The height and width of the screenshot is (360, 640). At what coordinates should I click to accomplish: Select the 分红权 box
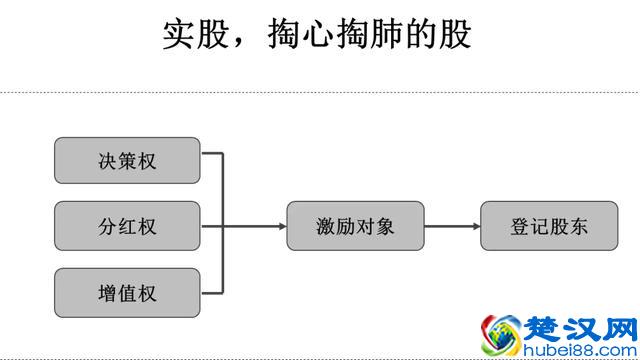pos(127,226)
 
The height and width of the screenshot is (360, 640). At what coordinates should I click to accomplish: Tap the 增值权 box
pos(127,293)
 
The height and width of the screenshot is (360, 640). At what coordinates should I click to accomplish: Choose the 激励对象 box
pos(355,226)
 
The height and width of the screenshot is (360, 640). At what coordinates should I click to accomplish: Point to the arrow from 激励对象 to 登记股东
pos(452,226)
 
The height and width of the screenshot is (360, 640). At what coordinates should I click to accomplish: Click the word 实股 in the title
pos(195,35)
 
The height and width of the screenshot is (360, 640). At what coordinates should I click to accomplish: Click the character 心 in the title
pos(319,35)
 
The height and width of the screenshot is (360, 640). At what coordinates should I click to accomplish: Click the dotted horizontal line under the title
pos(320,93)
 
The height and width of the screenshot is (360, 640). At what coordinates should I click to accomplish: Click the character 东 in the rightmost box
pos(579,226)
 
